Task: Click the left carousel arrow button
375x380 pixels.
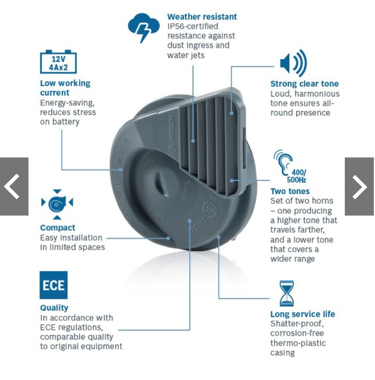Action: tap(14, 187)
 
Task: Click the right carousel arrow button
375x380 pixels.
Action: tap(359, 187)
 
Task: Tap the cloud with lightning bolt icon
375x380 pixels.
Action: tap(143, 27)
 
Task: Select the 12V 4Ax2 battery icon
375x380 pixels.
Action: tap(59, 62)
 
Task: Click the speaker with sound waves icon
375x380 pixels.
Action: tap(293, 63)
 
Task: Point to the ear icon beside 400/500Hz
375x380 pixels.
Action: tap(283, 162)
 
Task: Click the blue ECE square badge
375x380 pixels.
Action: tap(53, 285)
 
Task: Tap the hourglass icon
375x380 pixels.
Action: tap(287, 293)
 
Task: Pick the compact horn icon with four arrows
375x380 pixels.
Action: tap(57, 205)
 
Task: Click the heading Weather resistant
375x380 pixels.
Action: tap(202, 17)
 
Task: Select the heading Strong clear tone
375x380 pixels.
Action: tap(304, 84)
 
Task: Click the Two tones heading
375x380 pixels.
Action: tap(290, 191)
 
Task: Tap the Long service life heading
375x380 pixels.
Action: tap(302, 314)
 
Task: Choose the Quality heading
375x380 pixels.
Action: tap(54, 308)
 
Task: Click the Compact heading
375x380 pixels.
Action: tap(57, 228)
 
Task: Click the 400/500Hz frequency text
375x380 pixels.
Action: tap(297, 176)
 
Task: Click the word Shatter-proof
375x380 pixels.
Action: tap(297, 324)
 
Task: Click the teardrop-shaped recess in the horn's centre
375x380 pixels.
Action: tap(161, 182)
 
